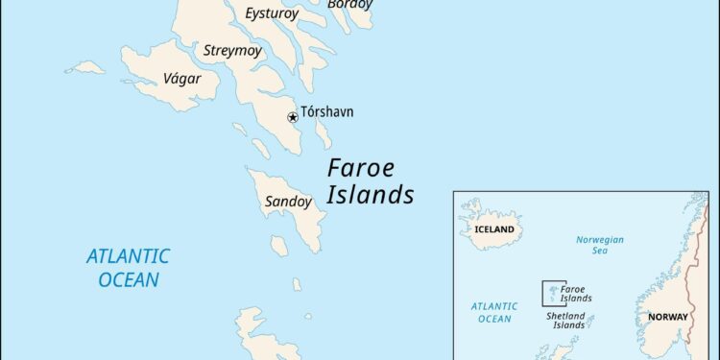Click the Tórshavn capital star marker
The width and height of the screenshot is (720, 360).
[293, 118]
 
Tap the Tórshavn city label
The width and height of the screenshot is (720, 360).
[327, 112]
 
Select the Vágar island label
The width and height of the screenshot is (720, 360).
[182, 79]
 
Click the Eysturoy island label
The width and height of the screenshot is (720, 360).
[272, 13]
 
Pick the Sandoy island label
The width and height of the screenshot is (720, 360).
[288, 203]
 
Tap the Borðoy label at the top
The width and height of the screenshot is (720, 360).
[349, 5]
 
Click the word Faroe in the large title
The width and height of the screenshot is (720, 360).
[360, 167]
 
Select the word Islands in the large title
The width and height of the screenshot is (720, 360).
[371, 195]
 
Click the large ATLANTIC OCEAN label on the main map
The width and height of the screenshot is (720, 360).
[128, 268]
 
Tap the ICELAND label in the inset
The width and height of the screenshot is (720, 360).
[494, 230]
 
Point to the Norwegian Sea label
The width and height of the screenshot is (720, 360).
[600, 245]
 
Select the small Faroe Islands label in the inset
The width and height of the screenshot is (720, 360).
[576, 293]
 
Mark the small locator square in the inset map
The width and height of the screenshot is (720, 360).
[553, 292]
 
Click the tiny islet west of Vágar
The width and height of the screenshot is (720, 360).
[86, 67]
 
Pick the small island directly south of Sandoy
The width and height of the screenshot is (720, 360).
[277, 246]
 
